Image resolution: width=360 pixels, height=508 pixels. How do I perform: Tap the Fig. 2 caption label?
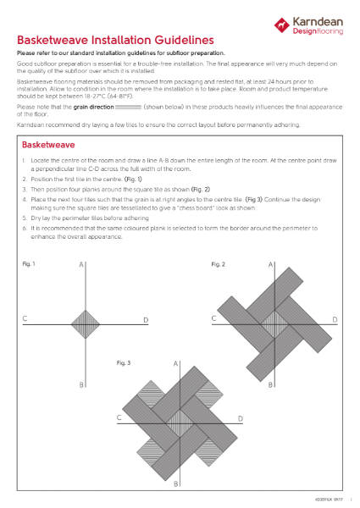coord(218,265)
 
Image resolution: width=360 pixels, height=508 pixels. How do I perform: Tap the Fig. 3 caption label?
coord(124,362)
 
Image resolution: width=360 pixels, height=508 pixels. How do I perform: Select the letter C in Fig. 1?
coord(25,319)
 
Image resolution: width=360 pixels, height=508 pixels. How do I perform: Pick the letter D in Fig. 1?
coord(146,320)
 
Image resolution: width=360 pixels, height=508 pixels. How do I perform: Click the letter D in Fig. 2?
coord(335,320)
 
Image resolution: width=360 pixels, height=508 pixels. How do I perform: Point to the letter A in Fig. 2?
coord(270,265)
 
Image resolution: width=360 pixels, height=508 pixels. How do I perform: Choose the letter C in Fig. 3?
coord(120,417)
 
